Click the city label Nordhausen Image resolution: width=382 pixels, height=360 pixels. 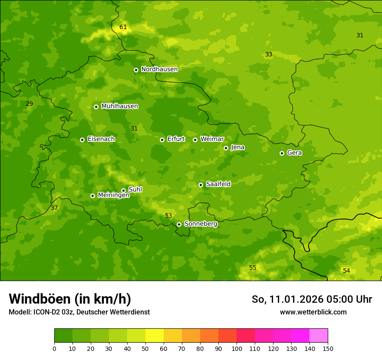click(159, 69)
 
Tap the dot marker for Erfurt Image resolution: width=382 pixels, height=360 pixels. click(162, 140)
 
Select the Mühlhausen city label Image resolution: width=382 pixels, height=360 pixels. click(119, 106)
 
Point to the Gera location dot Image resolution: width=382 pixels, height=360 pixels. click(282, 153)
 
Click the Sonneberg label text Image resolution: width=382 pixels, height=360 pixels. click(201, 224)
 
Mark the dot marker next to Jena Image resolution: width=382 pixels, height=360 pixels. click(226, 148)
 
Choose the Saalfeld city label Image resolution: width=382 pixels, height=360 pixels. click(218, 184)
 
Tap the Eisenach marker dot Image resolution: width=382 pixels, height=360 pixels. click(82, 140)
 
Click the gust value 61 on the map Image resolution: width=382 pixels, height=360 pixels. click(123, 27)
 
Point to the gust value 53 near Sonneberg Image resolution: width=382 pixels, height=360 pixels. click(168, 216)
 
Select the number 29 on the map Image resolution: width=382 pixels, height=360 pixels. click(30, 104)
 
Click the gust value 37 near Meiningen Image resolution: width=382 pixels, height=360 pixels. click(54, 208)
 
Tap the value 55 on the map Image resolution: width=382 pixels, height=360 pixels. click(253, 268)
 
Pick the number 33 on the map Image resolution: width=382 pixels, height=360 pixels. click(269, 55)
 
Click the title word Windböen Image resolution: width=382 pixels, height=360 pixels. click(40, 299)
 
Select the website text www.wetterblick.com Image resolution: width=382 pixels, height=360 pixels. click(313, 312)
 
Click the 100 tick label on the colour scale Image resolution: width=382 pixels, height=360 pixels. click(237, 348)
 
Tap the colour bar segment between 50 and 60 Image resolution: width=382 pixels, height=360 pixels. click(155, 336)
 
